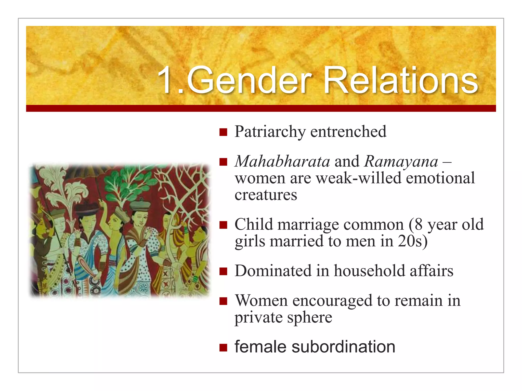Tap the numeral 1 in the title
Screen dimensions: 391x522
point(166,81)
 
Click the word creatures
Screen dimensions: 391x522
point(266,195)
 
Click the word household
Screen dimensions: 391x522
point(369,271)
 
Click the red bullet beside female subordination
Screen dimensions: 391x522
point(223,347)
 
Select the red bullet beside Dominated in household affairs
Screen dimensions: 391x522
point(223,271)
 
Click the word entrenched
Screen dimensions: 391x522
point(348,132)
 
